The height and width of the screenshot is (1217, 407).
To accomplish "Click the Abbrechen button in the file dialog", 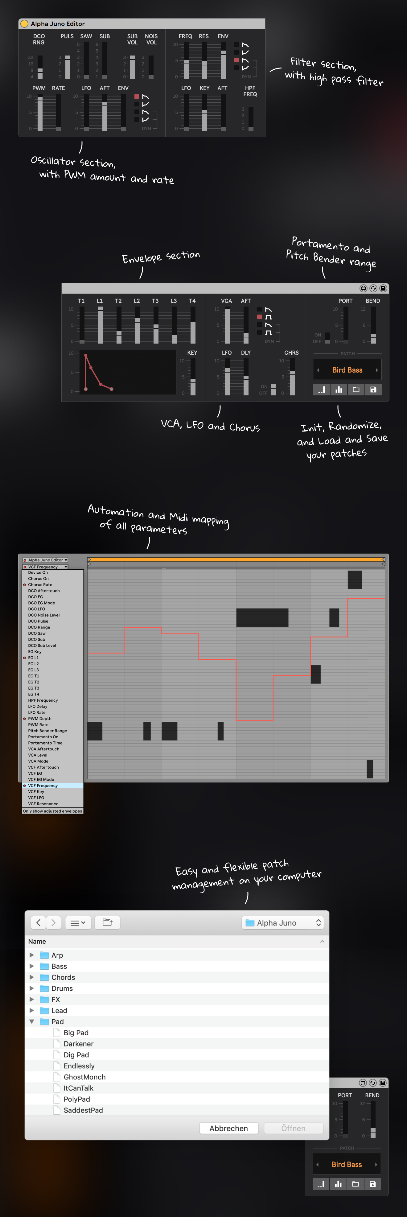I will [228, 1128].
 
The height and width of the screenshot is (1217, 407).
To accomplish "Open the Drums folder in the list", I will [62, 988].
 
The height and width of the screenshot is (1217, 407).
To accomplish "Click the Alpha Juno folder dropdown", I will [283, 923].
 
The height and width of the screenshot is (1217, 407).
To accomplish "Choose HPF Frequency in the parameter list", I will [43, 700].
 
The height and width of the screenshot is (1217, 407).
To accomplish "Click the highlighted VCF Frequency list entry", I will [43, 786].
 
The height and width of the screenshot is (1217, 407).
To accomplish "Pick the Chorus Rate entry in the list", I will [40, 584].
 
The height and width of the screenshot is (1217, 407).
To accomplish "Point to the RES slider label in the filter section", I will [203, 36].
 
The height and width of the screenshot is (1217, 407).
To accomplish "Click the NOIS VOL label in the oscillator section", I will [151, 39].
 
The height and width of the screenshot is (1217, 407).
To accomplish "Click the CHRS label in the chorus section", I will [291, 353].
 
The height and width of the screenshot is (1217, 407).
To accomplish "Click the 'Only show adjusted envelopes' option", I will [52, 811].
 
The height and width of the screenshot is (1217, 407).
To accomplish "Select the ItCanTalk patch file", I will [78, 1088].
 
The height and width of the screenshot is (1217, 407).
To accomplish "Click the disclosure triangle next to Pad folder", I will [32, 1021].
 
